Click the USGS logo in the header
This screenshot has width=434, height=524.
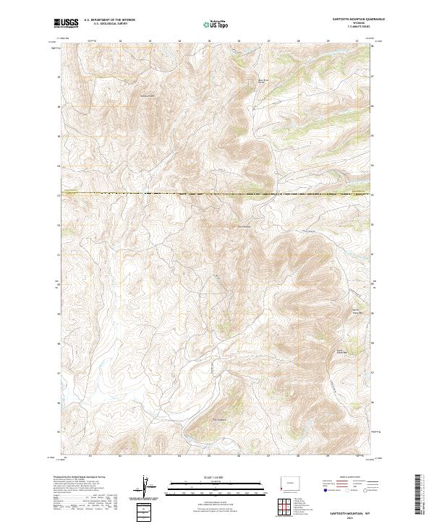[x=67, y=23]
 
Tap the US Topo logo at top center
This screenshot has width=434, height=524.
[x=216, y=24]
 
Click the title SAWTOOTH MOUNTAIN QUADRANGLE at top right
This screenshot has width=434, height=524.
[x=354, y=20]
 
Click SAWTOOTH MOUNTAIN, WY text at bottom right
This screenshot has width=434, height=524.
[x=354, y=510]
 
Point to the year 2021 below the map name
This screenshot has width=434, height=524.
[x=354, y=516]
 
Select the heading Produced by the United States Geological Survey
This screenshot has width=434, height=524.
[x=81, y=477]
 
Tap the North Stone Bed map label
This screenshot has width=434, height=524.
[x=357, y=312]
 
